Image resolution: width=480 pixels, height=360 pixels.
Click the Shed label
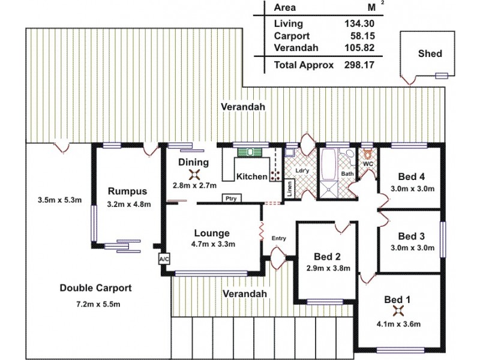coord(430,53)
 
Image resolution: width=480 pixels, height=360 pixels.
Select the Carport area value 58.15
coord(360,36)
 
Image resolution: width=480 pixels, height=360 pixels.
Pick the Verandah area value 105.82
coord(358,48)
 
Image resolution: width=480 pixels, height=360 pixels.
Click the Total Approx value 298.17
coord(358,65)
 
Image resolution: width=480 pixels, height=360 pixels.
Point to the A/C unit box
coord(163,259)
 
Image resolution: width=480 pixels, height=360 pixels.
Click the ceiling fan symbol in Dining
coord(194,174)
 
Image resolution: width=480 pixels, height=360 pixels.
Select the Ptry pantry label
coord(229,199)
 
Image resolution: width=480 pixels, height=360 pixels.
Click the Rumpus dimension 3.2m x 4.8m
coord(129,204)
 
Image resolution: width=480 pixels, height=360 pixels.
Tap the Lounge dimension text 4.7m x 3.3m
coord(213,244)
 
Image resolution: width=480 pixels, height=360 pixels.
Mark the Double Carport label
coord(96,288)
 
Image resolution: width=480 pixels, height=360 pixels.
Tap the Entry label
coord(278,238)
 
